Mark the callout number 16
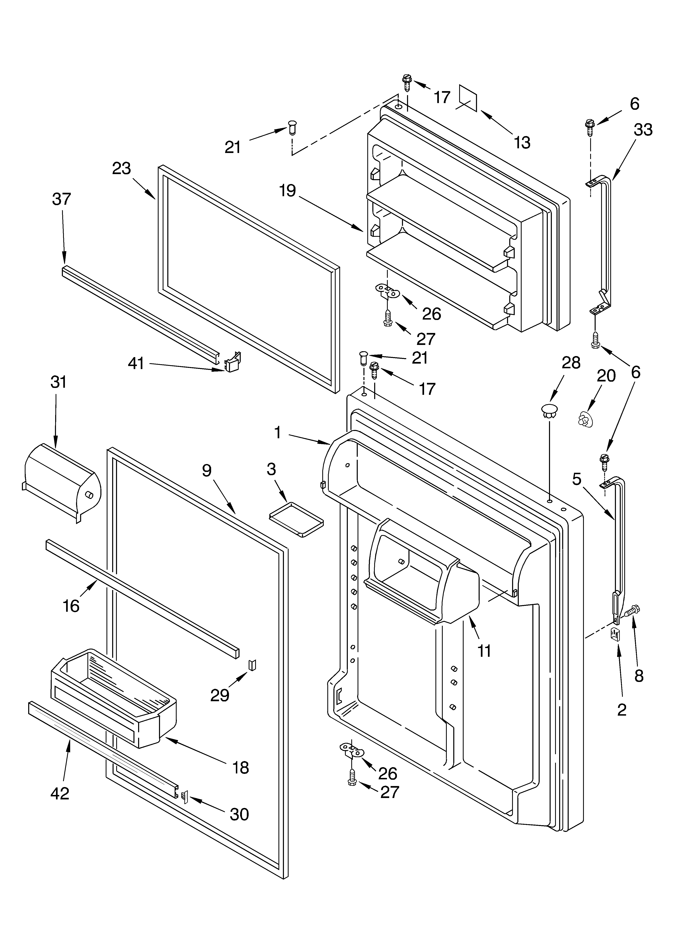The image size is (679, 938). click(x=71, y=606)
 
